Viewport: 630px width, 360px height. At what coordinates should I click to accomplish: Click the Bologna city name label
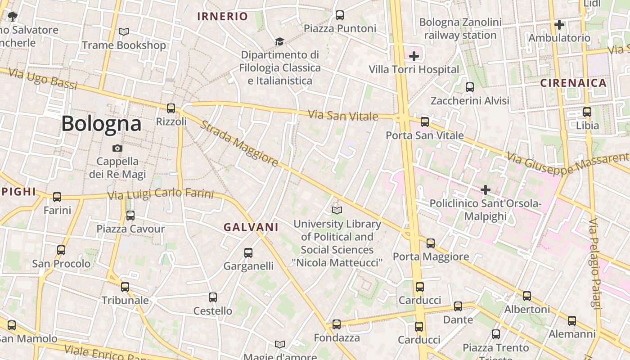click(101, 123)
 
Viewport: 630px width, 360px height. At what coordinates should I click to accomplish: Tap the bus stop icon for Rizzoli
click(171, 108)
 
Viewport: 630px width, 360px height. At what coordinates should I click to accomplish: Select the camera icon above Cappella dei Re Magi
click(117, 148)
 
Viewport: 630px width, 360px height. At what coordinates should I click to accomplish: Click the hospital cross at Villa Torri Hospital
click(414, 56)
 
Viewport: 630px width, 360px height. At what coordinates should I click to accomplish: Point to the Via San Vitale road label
click(343, 116)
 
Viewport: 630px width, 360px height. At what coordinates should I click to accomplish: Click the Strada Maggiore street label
click(238, 143)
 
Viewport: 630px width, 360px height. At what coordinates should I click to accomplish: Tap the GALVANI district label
click(251, 227)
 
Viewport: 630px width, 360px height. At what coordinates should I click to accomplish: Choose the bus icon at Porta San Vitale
click(424, 121)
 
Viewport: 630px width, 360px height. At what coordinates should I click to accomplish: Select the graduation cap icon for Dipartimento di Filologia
click(279, 41)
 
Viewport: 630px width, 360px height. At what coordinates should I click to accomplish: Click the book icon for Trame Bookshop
click(123, 31)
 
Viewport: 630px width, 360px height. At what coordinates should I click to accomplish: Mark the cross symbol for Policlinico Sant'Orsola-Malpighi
click(485, 190)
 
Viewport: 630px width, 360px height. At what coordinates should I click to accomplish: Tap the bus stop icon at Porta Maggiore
click(431, 243)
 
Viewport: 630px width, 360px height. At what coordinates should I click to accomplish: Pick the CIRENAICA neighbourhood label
click(573, 83)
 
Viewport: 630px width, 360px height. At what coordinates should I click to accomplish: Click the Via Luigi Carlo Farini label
click(160, 194)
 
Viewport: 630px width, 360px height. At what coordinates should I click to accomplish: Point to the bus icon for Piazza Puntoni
click(340, 15)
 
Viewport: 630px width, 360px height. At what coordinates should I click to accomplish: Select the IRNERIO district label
click(222, 17)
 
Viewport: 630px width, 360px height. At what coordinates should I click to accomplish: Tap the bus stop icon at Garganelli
click(248, 253)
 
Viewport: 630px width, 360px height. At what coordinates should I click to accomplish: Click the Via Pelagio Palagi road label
click(596, 263)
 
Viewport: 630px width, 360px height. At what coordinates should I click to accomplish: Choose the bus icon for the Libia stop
click(587, 112)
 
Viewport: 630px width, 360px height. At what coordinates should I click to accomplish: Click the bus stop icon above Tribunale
click(125, 287)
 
